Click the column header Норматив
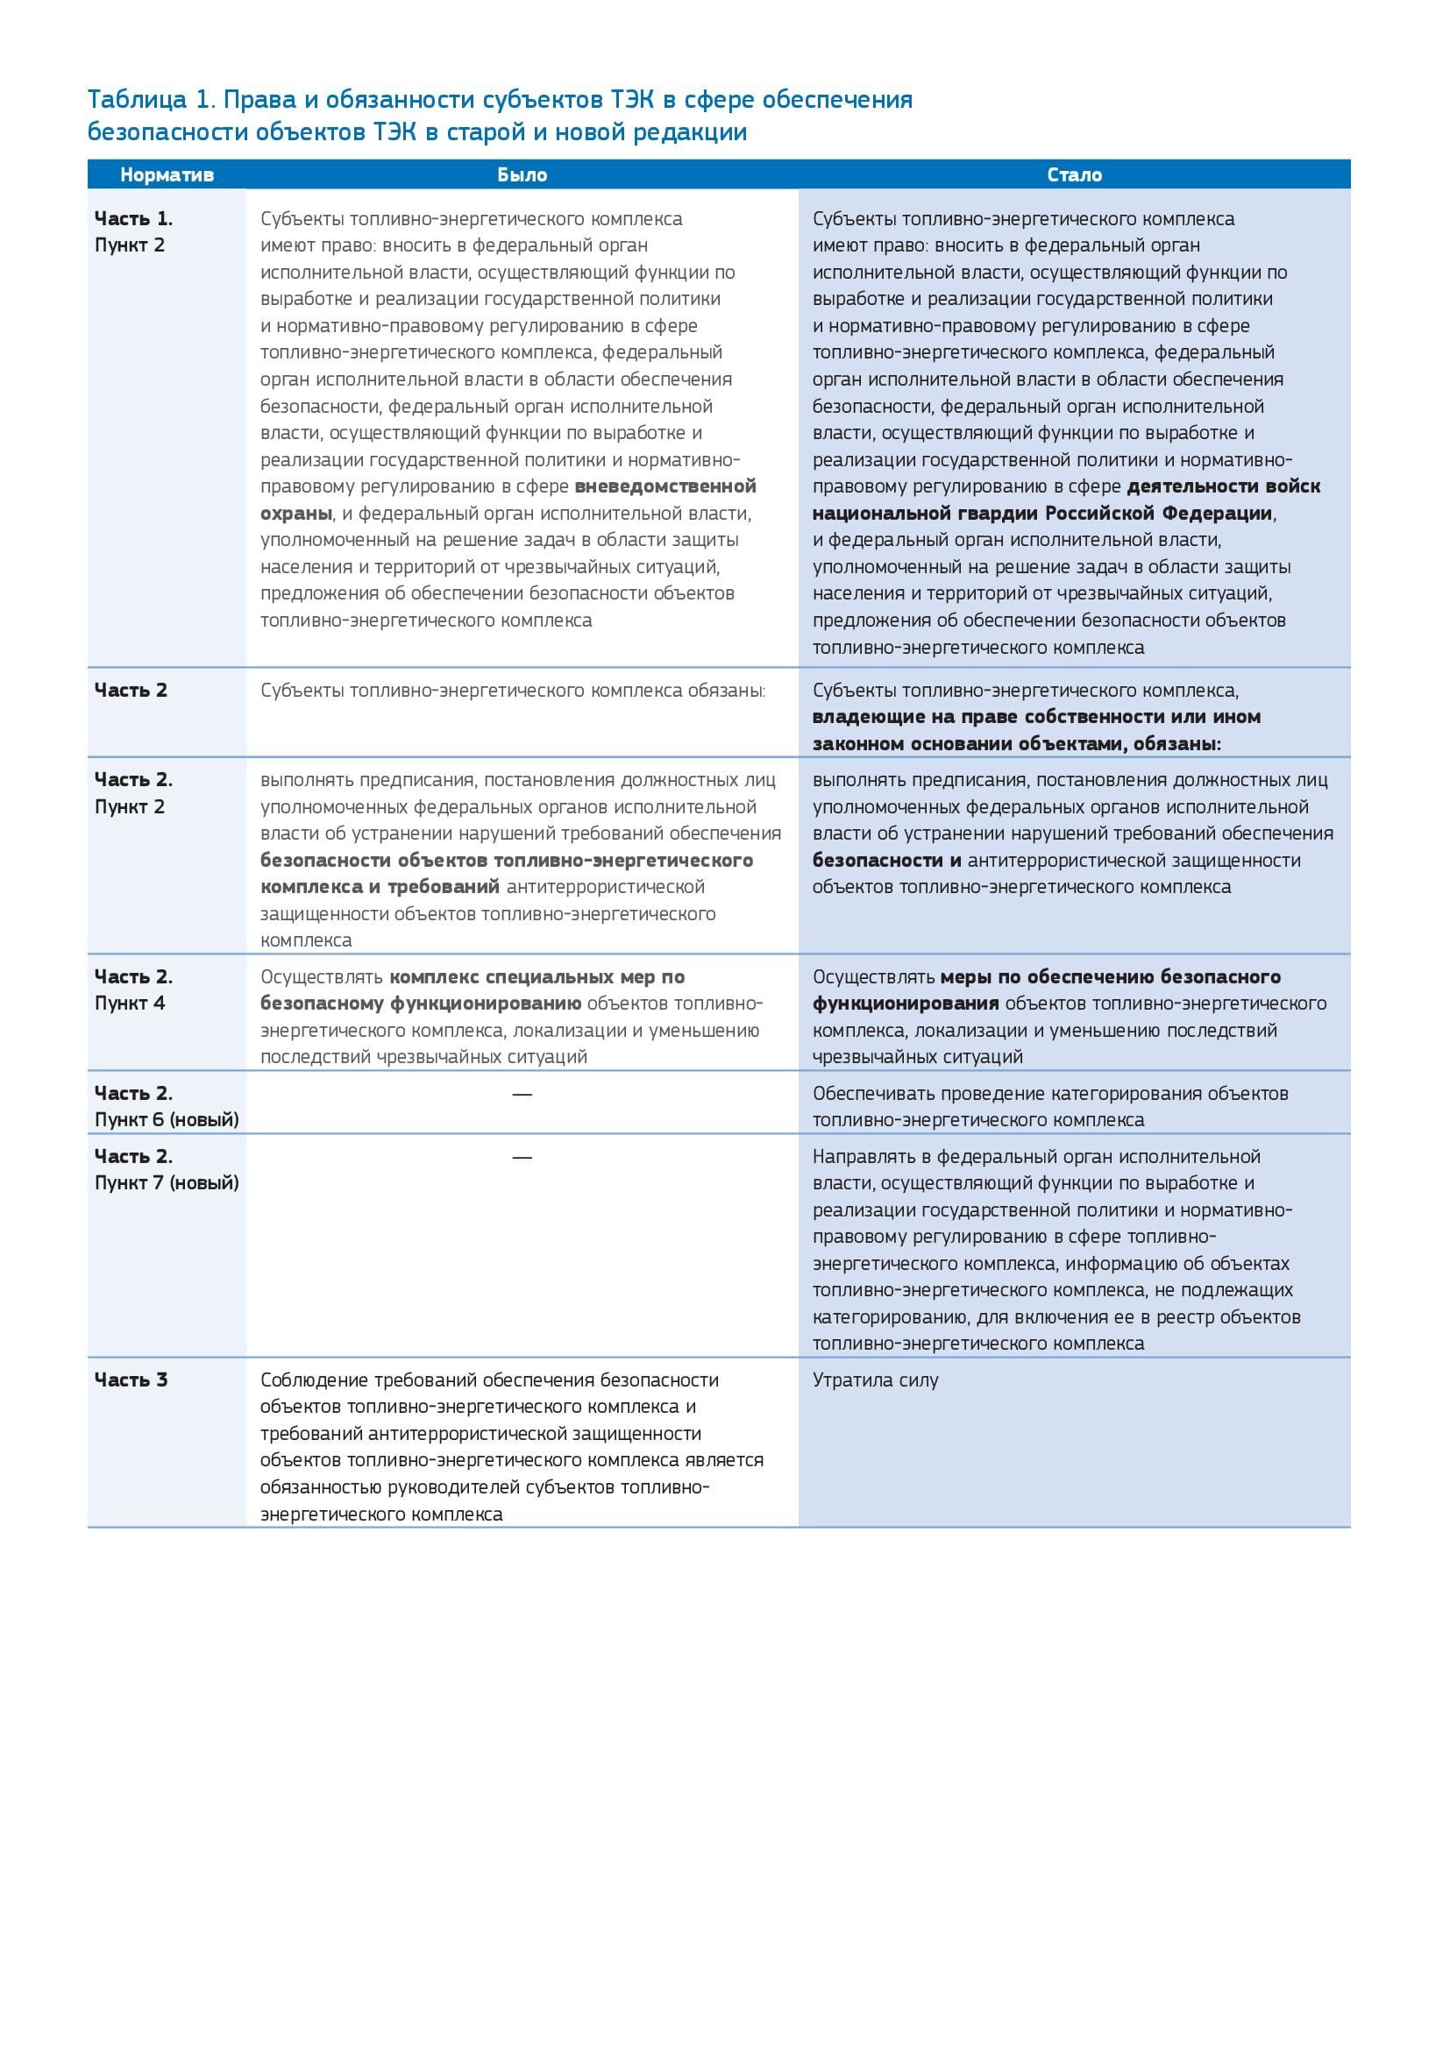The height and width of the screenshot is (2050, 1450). click(x=167, y=175)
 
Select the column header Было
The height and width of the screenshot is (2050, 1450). click(x=522, y=175)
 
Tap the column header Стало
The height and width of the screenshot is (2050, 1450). click(x=1073, y=175)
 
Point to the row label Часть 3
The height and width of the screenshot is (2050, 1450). click(x=131, y=1380)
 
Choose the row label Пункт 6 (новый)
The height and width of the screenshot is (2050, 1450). click(x=166, y=1118)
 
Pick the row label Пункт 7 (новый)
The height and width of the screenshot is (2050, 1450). click(x=166, y=1182)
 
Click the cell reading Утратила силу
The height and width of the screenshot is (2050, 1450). click(x=875, y=1380)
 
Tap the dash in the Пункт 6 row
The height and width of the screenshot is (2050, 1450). click(x=522, y=1094)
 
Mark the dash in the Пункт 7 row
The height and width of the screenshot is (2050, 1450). click(x=522, y=1157)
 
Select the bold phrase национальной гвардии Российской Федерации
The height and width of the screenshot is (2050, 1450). click(x=1042, y=514)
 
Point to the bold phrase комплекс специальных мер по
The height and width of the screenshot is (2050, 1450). click(x=537, y=976)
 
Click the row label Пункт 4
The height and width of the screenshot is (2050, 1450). click(x=130, y=1003)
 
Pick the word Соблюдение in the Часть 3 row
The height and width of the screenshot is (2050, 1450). click(x=309, y=1380)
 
